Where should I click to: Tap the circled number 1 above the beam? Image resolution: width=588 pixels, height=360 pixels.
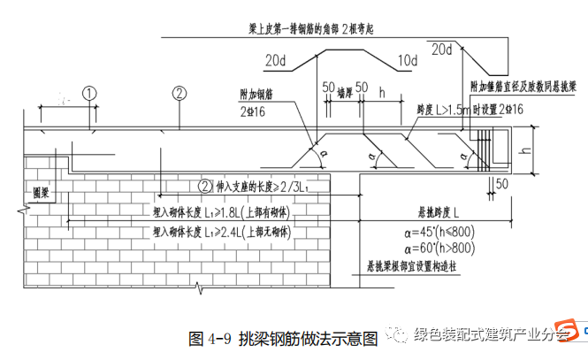[88, 92]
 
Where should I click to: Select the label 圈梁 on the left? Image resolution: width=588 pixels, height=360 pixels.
[39, 191]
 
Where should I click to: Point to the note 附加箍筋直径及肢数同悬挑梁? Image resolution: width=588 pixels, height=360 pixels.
[524, 88]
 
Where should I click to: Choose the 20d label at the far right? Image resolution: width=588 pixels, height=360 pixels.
[442, 50]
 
